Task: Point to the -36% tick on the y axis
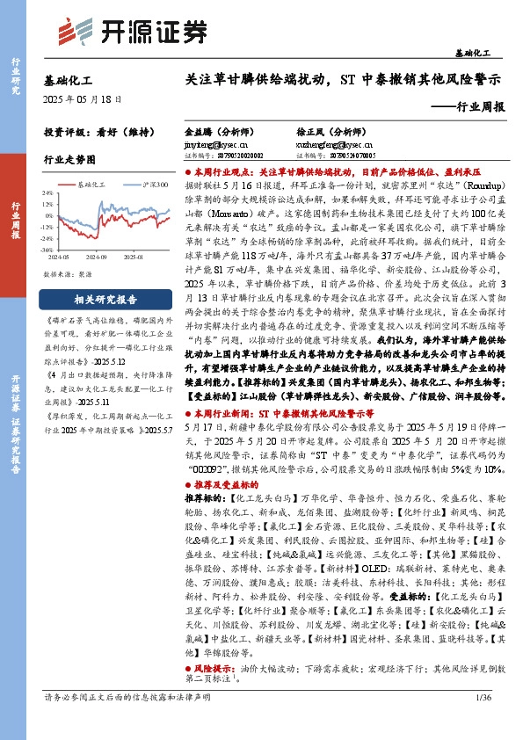pyautogui.click(x=53, y=250)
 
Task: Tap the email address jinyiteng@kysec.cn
pyautogui.click(x=216, y=139)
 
